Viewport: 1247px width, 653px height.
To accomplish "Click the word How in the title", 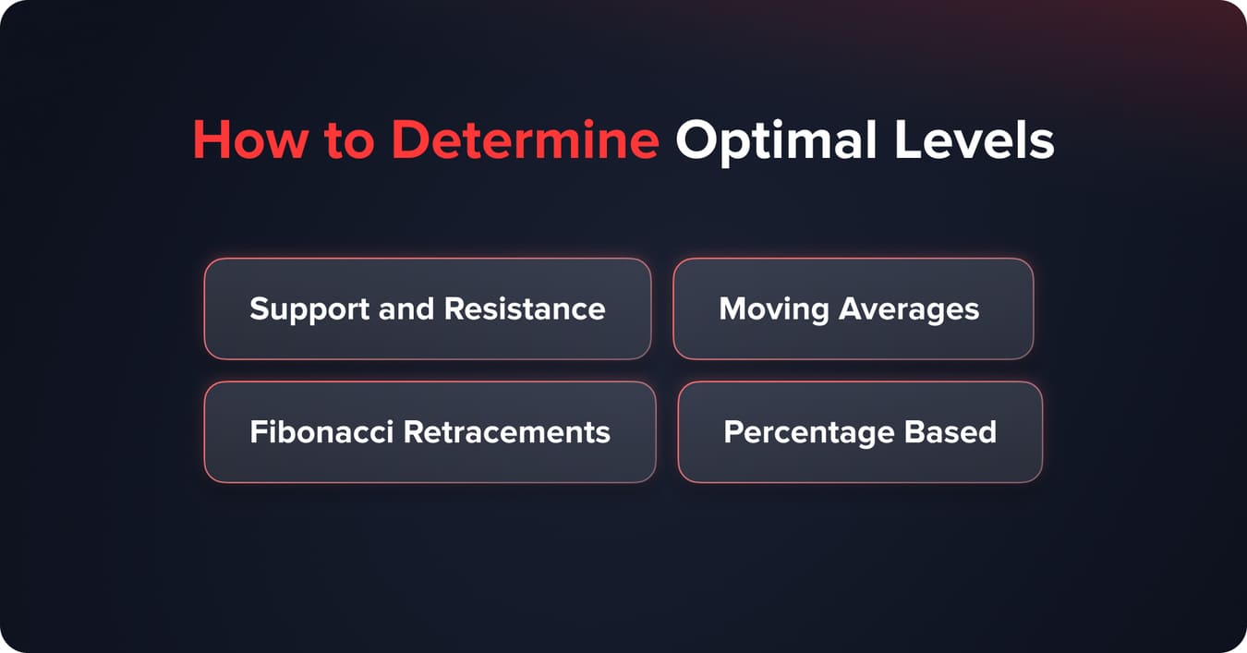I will pyautogui.click(x=248, y=141).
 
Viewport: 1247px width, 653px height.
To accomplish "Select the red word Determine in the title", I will pyautogui.click(x=525, y=141).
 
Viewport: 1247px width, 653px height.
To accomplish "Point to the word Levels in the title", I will pyautogui.click(x=981, y=141).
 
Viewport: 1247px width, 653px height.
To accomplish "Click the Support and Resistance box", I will pyautogui.click(x=427, y=308).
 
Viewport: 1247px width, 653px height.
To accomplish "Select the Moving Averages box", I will pyautogui.click(x=853, y=308).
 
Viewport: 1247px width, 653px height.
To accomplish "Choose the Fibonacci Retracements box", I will pyautogui.click(x=430, y=431).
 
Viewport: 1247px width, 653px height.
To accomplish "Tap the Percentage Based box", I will pyautogui.click(x=860, y=431).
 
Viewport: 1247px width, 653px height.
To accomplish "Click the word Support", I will pyautogui.click(x=310, y=309).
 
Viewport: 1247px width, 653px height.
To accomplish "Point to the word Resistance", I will pyautogui.click(x=525, y=308).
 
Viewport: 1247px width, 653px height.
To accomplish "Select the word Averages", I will pyautogui.click(x=909, y=309).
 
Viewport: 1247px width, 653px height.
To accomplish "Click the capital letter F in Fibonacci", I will pyautogui.click(x=258, y=431).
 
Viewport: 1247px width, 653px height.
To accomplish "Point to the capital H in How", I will pyautogui.click(x=210, y=141).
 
